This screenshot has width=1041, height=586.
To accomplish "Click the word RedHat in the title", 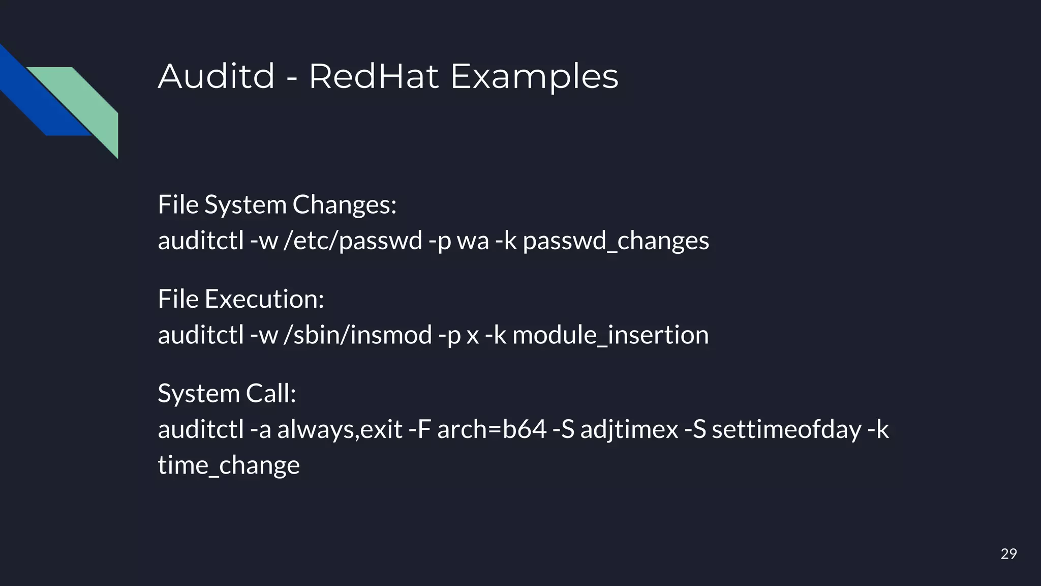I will click(373, 76).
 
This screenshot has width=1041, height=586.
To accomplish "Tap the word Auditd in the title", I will click(217, 76).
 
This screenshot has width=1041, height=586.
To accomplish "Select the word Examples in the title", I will click(534, 77).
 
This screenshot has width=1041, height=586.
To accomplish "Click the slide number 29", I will click(1008, 554).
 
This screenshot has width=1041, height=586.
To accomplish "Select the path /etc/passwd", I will click(353, 241).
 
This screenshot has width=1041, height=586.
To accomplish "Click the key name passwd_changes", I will click(616, 241).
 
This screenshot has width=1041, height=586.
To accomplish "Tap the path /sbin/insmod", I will click(357, 335).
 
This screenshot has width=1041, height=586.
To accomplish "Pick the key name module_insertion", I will click(610, 335).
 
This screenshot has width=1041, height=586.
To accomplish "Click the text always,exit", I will click(340, 430).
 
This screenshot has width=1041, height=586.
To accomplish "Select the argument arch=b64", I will click(492, 429).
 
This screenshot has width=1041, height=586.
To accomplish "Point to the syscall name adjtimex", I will click(629, 430).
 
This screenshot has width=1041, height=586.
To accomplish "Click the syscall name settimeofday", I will click(786, 429).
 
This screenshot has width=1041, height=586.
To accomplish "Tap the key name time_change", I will click(229, 465).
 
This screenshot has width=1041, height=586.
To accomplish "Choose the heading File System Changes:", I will click(277, 205).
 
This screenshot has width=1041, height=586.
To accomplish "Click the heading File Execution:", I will click(241, 299).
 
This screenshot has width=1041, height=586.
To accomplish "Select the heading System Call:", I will click(227, 394).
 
